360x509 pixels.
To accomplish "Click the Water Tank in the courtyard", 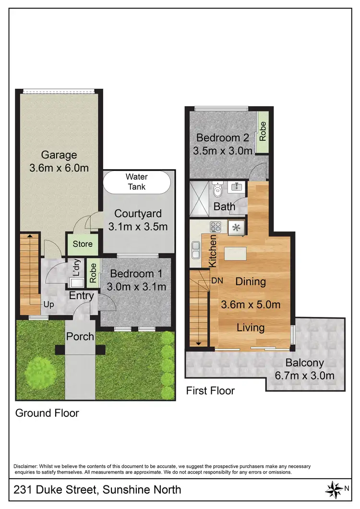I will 136,182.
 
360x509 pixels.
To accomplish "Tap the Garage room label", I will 59,155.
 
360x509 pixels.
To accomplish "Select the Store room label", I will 82,244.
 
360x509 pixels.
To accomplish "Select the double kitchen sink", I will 196,249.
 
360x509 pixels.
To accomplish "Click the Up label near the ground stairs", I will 48,305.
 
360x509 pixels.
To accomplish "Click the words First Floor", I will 210,390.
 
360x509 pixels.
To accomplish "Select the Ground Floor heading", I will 47,413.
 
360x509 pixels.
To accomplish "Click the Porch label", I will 80,336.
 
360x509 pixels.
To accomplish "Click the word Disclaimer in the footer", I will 28,466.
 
